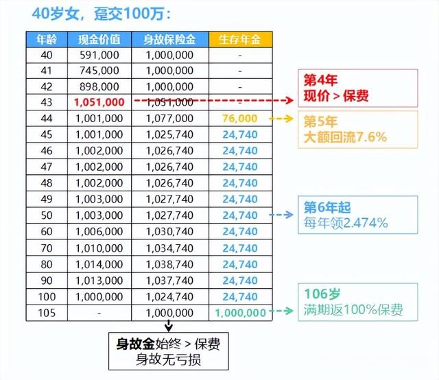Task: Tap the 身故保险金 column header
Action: (171, 40)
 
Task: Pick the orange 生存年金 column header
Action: (239, 40)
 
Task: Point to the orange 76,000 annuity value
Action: (239, 118)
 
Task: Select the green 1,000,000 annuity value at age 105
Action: (239, 313)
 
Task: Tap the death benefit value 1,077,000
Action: (171, 118)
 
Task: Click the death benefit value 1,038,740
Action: (171, 264)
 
